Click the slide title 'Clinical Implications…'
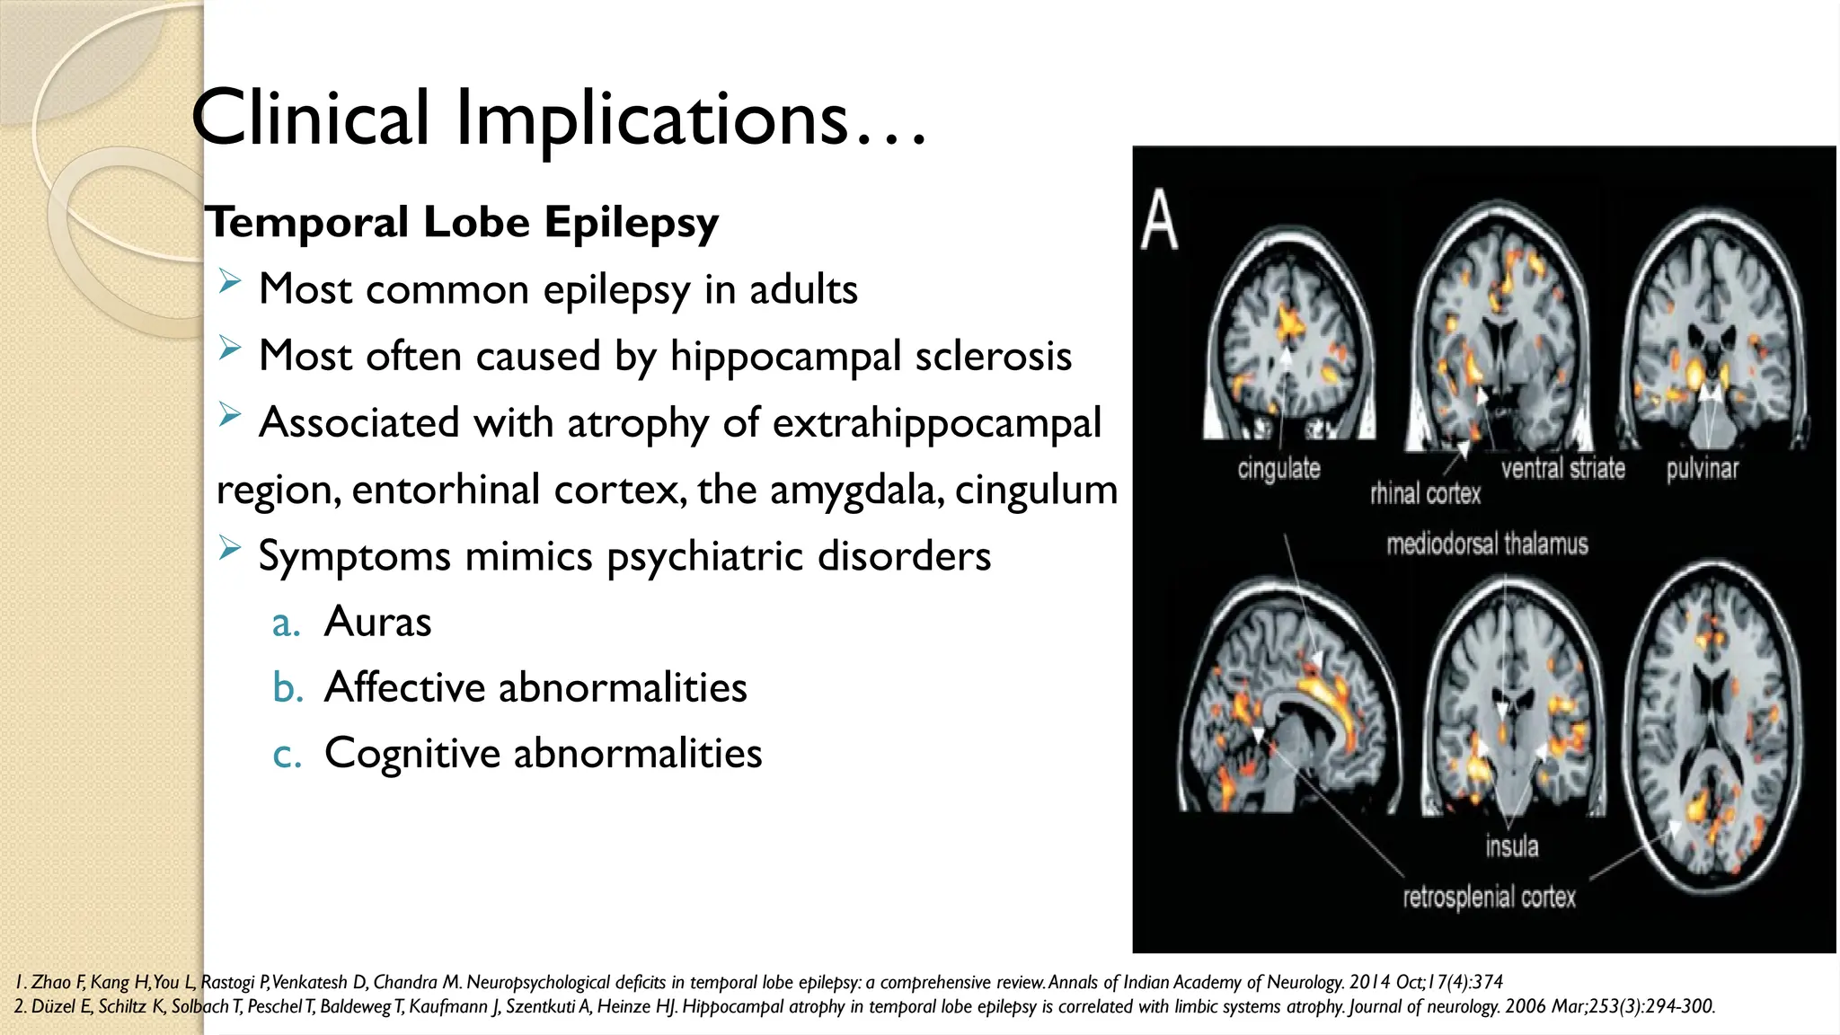pyautogui.click(x=557, y=119)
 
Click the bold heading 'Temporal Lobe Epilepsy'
pyautogui.click(x=462, y=222)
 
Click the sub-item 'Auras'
pyautogui.click(x=377, y=622)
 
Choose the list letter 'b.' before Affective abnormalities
pyautogui.click(x=287, y=688)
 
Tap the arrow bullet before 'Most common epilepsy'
pyautogui.click(x=230, y=283)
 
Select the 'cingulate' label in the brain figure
pyautogui.click(x=1278, y=469)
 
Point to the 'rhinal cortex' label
pyautogui.click(x=1425, y=493)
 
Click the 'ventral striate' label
pyautogui.click(x=1562, y=469)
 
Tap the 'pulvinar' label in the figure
pyautogui.click(x=1702, y=469)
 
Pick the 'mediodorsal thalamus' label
pyautogui.click(x=1487, y=544)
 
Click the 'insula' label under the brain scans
pyautogui.click(x=1511, y=846)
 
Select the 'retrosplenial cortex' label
pyautogui.click(x=1489, y=897)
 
